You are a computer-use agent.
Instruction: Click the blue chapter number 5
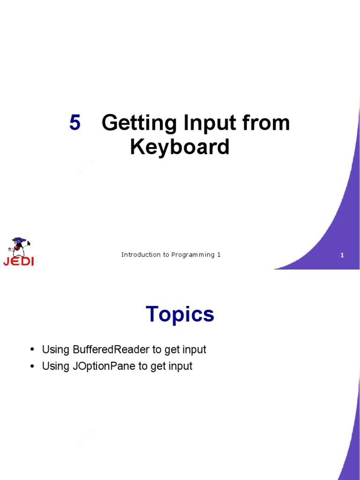point(75,123)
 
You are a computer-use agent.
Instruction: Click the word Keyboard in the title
point(180,147)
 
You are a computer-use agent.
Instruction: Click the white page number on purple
point(342,255)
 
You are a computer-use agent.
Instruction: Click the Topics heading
point(180,314)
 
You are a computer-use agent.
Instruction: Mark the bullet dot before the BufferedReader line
point(32,350)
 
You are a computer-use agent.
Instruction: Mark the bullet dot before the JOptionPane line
point(32,367)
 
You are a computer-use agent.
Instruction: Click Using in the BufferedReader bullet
point(56,350)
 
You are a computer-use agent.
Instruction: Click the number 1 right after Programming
point(218,255)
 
